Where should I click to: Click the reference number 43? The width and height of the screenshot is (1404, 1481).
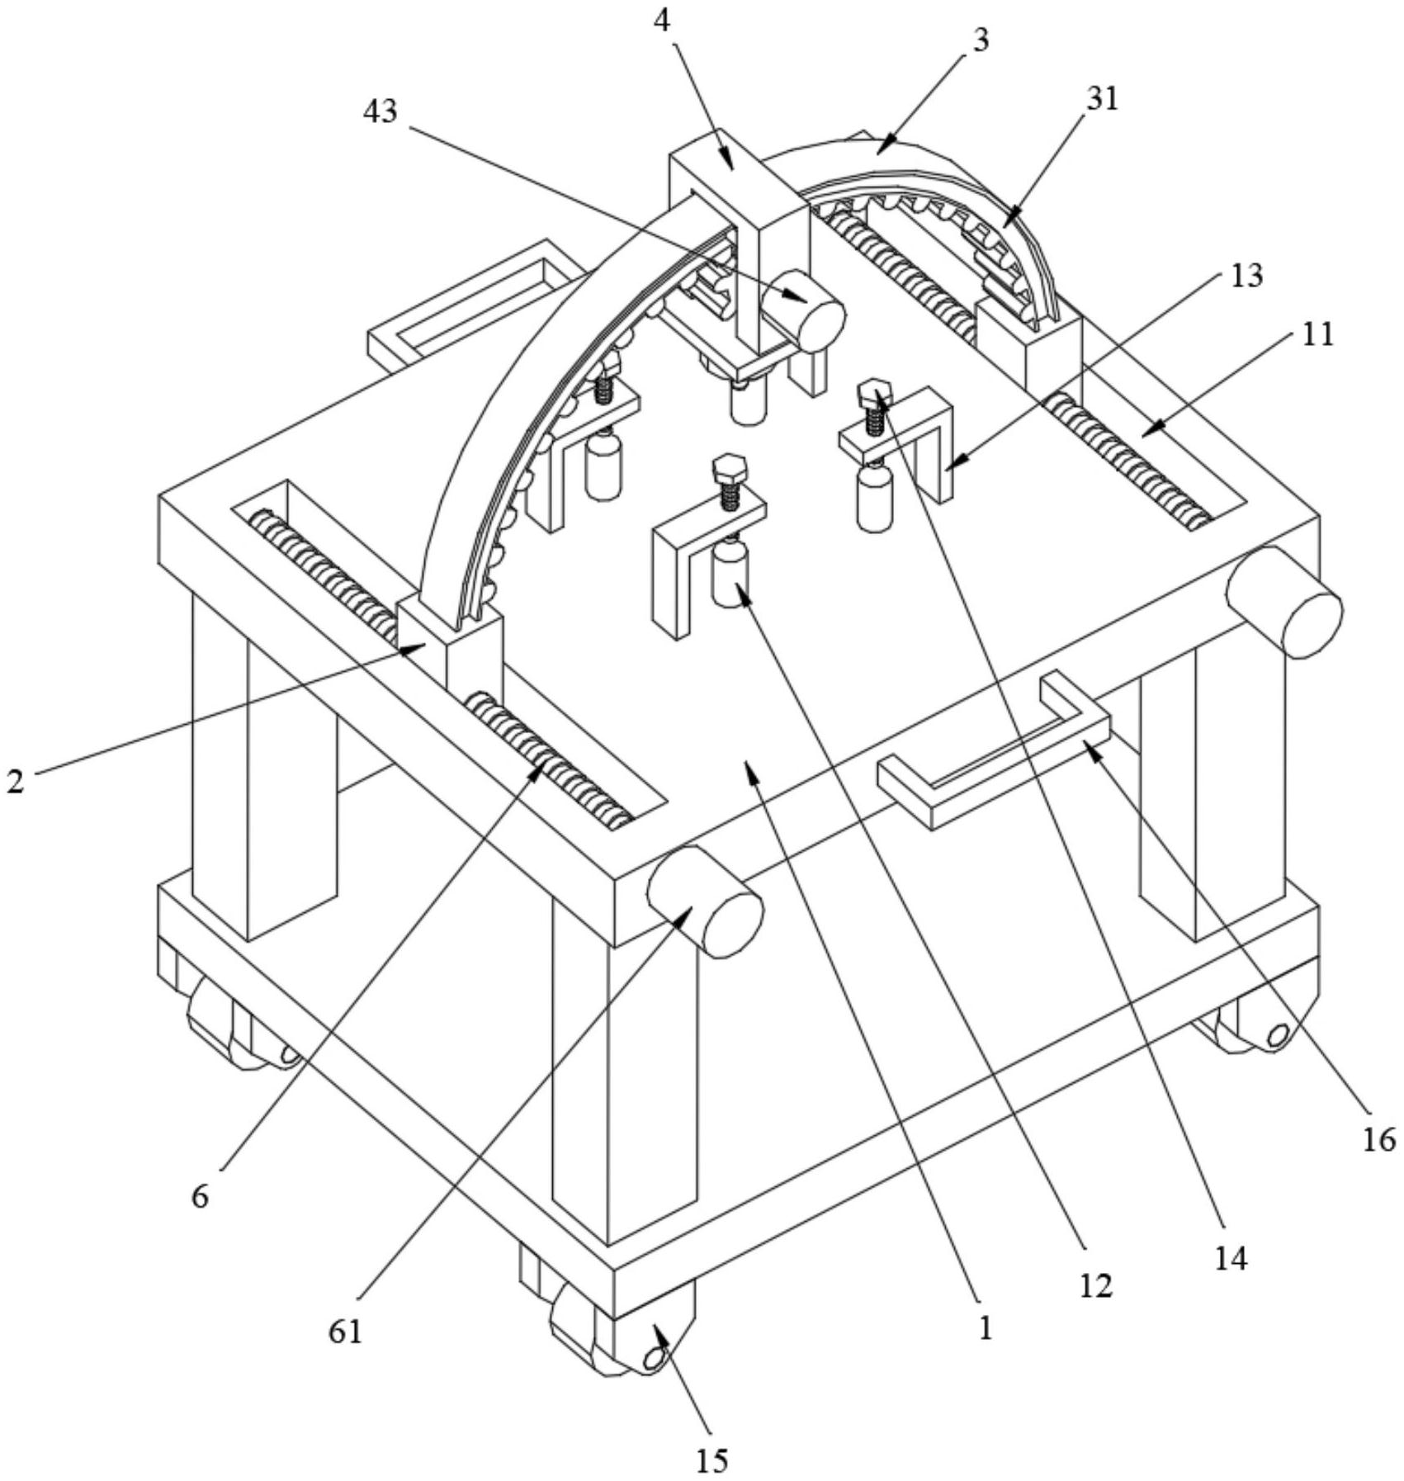pos(381,111)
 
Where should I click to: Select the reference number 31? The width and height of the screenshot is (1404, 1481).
pos(1101,99)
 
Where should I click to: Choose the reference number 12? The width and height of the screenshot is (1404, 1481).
pos(1097,1285)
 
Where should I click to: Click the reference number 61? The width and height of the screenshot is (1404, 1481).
pos(346,1332)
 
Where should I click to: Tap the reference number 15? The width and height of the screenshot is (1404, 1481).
pos(711,1460)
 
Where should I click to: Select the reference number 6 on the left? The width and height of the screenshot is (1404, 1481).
pos(201,1196)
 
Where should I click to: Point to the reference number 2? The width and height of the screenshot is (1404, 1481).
pos(16,781)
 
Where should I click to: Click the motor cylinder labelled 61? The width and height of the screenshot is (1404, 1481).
pos(706,901)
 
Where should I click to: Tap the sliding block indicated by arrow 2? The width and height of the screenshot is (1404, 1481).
pos(449,649)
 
